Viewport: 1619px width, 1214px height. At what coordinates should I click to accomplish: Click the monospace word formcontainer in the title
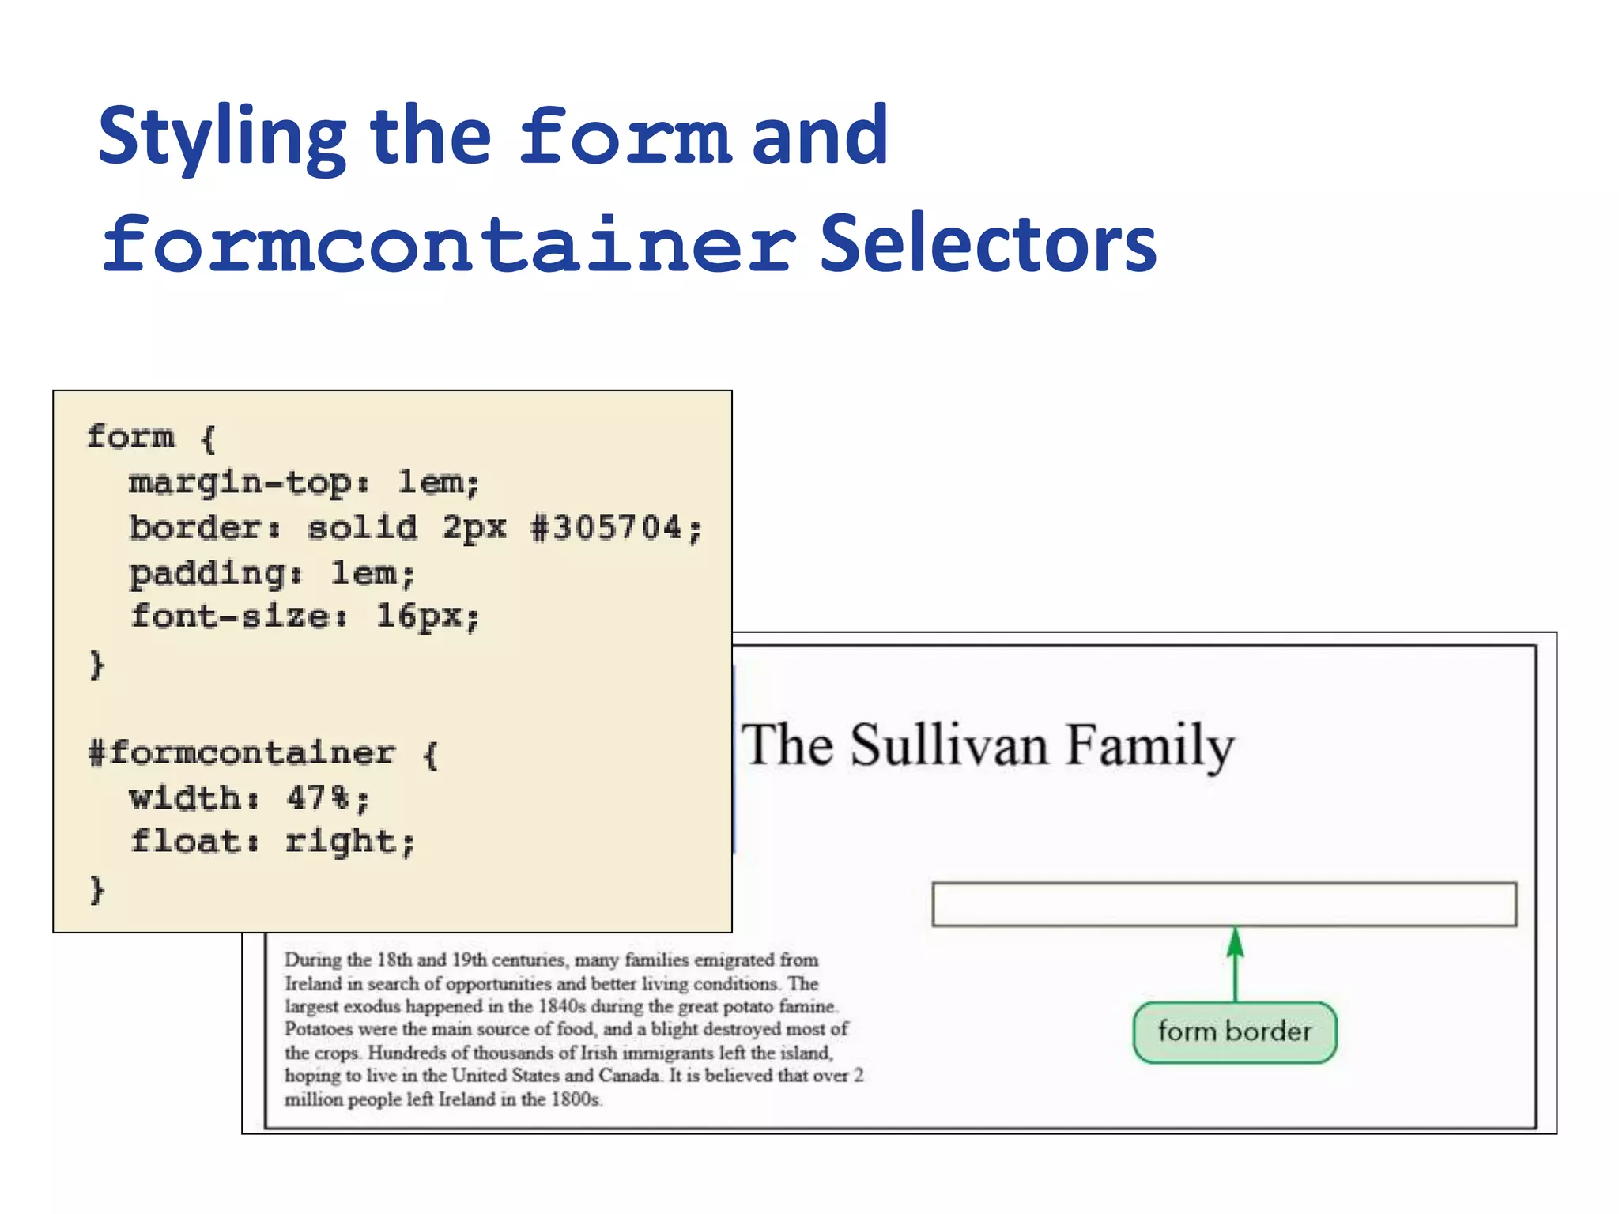coord(448,245)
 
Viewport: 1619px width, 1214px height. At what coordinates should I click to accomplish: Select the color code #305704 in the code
coord(606,527)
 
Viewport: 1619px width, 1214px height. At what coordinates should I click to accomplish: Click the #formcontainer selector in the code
coord(241,752)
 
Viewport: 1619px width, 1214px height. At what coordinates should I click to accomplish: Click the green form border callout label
coord(1234,1032)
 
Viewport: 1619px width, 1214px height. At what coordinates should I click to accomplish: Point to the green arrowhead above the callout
coord(1236,943)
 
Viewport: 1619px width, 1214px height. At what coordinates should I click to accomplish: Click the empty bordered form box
coord(1224,904)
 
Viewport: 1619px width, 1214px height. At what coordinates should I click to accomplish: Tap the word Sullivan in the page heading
coord(949,745)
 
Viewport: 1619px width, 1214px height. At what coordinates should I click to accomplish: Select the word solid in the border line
coord(362,527)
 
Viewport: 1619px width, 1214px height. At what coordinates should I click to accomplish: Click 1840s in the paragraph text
coord(561,1007)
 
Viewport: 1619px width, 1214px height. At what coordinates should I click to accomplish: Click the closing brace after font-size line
coord(96,664)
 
